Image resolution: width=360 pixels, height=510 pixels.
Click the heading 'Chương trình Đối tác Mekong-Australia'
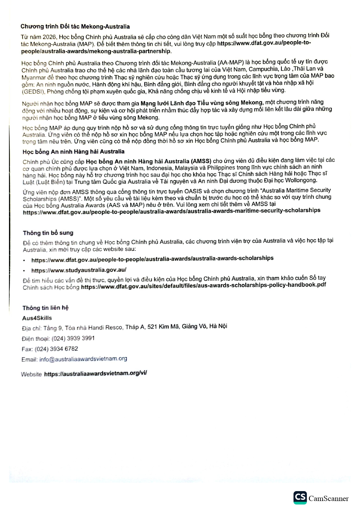75,26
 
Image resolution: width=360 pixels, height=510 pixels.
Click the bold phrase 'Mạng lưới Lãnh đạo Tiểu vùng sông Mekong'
202,103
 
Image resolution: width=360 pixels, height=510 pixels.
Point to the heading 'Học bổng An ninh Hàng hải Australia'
73,151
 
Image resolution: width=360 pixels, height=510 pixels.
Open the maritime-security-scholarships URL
172,211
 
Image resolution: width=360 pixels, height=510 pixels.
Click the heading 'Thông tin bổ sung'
48,233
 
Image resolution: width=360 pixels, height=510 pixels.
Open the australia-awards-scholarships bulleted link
152,259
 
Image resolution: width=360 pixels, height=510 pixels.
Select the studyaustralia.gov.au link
79,270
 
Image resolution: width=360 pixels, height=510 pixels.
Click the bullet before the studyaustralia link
24,271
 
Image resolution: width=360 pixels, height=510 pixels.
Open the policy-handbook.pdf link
203,285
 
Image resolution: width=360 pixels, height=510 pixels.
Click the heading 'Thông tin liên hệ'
46,308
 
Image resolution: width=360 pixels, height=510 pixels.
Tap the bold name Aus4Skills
37,318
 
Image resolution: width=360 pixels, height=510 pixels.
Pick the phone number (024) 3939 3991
73,338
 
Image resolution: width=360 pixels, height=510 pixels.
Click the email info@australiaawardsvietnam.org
83,359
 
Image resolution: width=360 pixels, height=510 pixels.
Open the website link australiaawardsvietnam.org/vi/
96,373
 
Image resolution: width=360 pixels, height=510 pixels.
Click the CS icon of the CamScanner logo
300,498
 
